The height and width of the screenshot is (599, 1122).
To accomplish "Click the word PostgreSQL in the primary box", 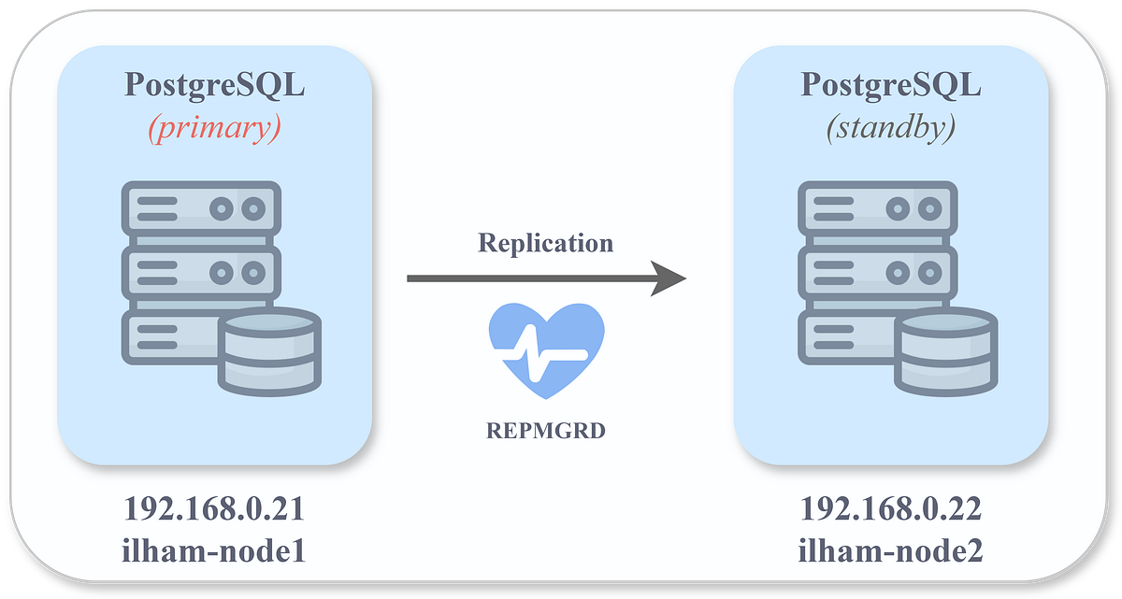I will click(x=214, y=85).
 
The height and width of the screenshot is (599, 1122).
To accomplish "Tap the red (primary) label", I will click(x=214, y=128).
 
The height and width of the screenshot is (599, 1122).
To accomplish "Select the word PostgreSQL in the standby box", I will click(x=891, y=85).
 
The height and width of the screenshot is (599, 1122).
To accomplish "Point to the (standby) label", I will click(x=891, y=128).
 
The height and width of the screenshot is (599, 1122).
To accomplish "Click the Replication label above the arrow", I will click(x=545, y=243).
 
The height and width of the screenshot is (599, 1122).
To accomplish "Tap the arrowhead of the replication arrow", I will click(x=668, y=278).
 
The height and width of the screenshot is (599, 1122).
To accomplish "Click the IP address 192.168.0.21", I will click(x=214, y=509).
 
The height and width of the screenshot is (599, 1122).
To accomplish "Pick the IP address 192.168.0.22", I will click(x=891, y=509).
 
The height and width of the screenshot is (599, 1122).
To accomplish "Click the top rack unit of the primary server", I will click(x=200, y=207).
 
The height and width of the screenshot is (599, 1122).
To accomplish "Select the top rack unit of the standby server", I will click(x=877, y=207).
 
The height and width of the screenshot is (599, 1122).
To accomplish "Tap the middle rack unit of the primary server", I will click(x=200, y=272).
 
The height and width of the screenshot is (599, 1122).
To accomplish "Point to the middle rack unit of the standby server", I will click(x=877, y=272).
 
